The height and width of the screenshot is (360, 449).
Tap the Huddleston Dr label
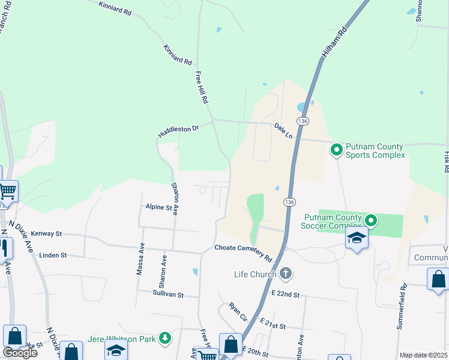[178, 129]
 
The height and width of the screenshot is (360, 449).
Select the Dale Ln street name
[283, 131]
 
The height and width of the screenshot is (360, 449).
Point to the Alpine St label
[158, 208]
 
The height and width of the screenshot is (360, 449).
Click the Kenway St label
[46, 233]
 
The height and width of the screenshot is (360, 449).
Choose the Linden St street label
[53, 255]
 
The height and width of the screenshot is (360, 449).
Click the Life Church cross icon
[285, 274]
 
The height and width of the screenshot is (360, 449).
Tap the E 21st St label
[273, 325]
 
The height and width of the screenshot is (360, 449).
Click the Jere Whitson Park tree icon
[164, 339]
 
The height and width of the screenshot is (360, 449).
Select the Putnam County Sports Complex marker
[337, 149]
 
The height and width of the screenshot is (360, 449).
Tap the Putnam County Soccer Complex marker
[371, 221]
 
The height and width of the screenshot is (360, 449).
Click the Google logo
[20, 353]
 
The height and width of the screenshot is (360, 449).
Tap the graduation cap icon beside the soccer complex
[357, 238]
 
